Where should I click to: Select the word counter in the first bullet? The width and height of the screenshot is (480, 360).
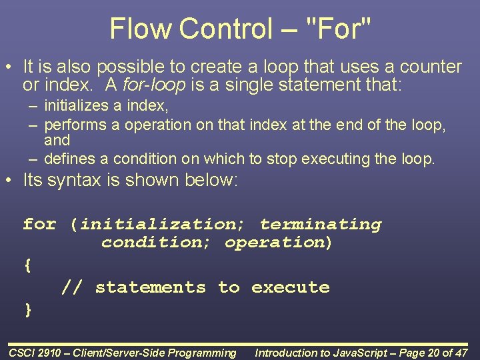[x=430, y=67]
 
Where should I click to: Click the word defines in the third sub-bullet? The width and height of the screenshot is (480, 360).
[x=70, y=159]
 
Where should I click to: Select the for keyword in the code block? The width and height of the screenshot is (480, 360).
[x=39, y=224]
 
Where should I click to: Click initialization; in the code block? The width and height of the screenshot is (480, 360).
[x=157, y=224]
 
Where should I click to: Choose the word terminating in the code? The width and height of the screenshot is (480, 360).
[x=321, y=224]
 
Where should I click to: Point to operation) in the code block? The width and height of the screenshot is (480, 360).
[x=279, y=242]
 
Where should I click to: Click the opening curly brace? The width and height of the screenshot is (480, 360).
[x=27, y=265]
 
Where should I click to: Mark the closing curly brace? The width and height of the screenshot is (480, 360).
[x=27, y=309]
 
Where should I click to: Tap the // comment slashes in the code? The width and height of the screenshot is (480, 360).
[x=72, y=287]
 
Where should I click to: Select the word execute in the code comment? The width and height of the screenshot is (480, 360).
[x=290, y=287]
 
